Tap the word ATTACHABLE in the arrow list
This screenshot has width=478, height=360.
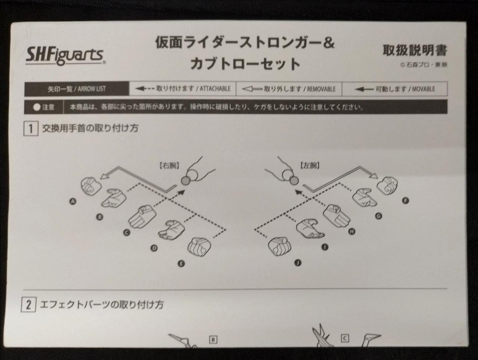pyautogui.click(x=215, y=89)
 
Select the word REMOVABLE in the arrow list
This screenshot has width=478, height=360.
pyautogui.click(x=321, y=89)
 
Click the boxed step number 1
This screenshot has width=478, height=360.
pyautogui.click(x=31, y=128)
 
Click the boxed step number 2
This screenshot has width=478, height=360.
pyautogui.click(x=28, y=305)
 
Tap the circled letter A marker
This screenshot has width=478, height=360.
pyautogui.click(x=73, y=202)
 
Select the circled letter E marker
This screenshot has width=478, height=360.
pyautogui.click(x=181, y=264)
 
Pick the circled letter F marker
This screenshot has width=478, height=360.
pyautogui.click(x=405, y=201)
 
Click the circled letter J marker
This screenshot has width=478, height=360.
pyautogui.click(x=298, y=263)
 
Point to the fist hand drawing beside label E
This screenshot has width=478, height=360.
pyautogui.click(x=199, y=246)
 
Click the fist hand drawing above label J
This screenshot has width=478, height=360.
pyautogui.click(x=279, y=246)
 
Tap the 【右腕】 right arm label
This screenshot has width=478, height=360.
pyautogui.click(x=169, y=166)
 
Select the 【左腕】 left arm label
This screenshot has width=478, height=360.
pyautogui.click(x=310, y=166)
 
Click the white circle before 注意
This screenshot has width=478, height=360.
pyautogui.click(x=37, y=107)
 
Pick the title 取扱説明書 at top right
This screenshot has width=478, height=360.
pyautogui.click(x=415, y=50)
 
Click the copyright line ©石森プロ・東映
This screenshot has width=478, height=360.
pyautogui.click(x=424, y=65)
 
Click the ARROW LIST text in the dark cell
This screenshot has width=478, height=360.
pyautogui.click(x=92, y=89)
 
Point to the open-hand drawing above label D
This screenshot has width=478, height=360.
pyautogui.click(x=171, y=230)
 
